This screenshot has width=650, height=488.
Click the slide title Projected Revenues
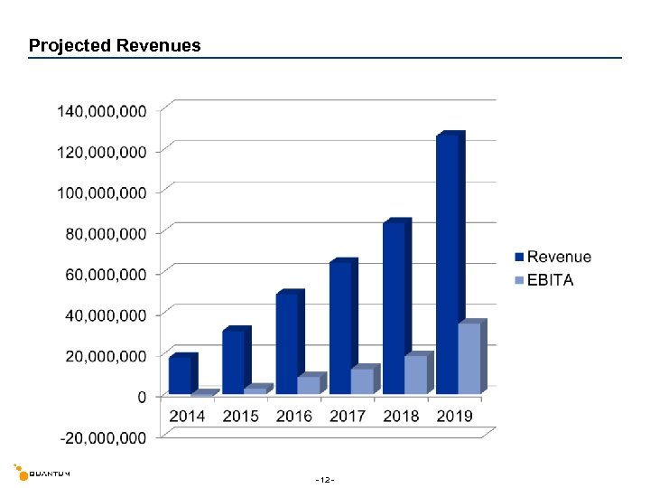(115, 45)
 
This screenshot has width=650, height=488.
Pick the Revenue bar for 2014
(180, 375)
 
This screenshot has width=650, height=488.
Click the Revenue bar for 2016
(287, 343)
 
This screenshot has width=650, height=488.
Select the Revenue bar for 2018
(395, 308)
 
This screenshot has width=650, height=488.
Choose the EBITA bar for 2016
(309, 385)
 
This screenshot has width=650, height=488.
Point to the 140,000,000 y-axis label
(102, 111)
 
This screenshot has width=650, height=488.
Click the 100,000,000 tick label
(102, 192)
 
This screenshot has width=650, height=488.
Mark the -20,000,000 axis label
(102, 437)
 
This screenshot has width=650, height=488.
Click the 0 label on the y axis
(142, 397)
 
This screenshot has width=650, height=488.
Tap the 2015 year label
(240, 417)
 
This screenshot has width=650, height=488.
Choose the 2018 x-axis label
(401, 417)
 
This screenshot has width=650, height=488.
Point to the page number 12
(325, 478)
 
